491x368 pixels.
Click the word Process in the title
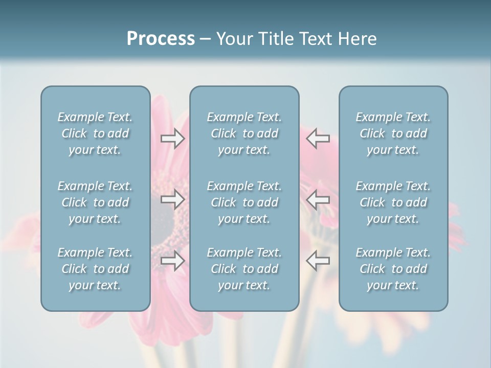161,39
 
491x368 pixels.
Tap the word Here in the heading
357,39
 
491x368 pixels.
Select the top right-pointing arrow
173,139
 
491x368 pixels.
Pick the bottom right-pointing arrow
173,261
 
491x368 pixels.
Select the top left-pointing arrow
318,139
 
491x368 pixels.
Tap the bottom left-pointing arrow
318,261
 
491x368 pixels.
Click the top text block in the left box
95,133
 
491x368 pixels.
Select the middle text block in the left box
95,202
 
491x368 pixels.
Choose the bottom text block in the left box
95,269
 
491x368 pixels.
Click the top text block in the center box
244,133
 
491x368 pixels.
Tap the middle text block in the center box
244,202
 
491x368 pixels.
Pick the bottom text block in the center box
244,269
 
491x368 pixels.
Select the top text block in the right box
393,133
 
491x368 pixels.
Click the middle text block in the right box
393,202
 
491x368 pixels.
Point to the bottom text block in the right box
393,269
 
